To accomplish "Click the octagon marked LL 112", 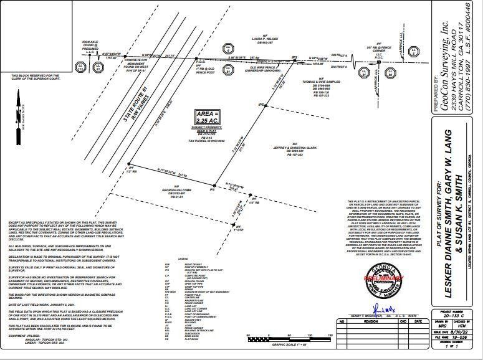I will (x=80, y=66).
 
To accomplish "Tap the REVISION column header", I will (x=369, y=322).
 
